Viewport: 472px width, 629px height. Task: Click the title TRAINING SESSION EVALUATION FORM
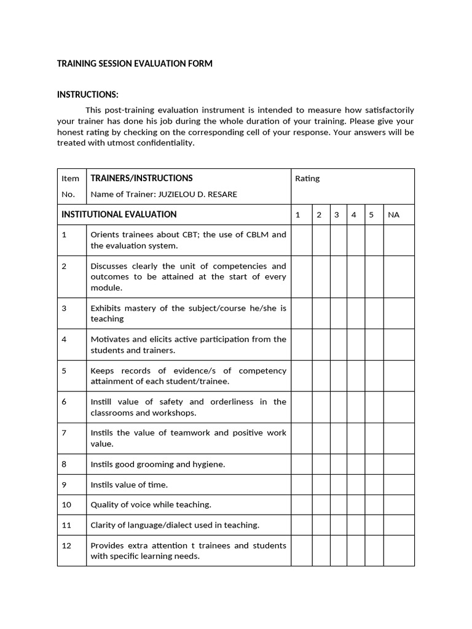tap(135, 64)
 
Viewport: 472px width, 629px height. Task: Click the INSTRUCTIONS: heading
tap(87, 95)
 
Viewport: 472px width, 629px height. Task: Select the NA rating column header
tap(393, 215)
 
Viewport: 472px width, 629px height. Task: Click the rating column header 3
tap(337, 215)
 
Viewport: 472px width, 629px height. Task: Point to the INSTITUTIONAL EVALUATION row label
tap(119, 214)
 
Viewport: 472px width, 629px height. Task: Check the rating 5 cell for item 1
tap(374, 240)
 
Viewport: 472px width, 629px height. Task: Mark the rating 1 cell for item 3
tap(301, 313)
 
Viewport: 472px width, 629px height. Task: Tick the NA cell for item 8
tap(399, 464)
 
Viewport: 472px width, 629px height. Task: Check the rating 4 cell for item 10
tap(355, 505)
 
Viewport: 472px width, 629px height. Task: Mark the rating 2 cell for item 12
tap(320, 551)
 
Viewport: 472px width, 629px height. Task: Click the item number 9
tap(64, 485)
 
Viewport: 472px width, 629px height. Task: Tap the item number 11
tap(66, 525)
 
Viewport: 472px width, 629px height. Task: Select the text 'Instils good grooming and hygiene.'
tap(157, 464)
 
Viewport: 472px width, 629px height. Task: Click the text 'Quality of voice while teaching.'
tap(151, 505)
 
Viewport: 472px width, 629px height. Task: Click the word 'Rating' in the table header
tap(307, 179)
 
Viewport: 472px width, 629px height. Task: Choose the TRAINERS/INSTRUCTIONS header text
tap(141, 178)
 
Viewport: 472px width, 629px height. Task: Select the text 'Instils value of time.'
tap(129, 485)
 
